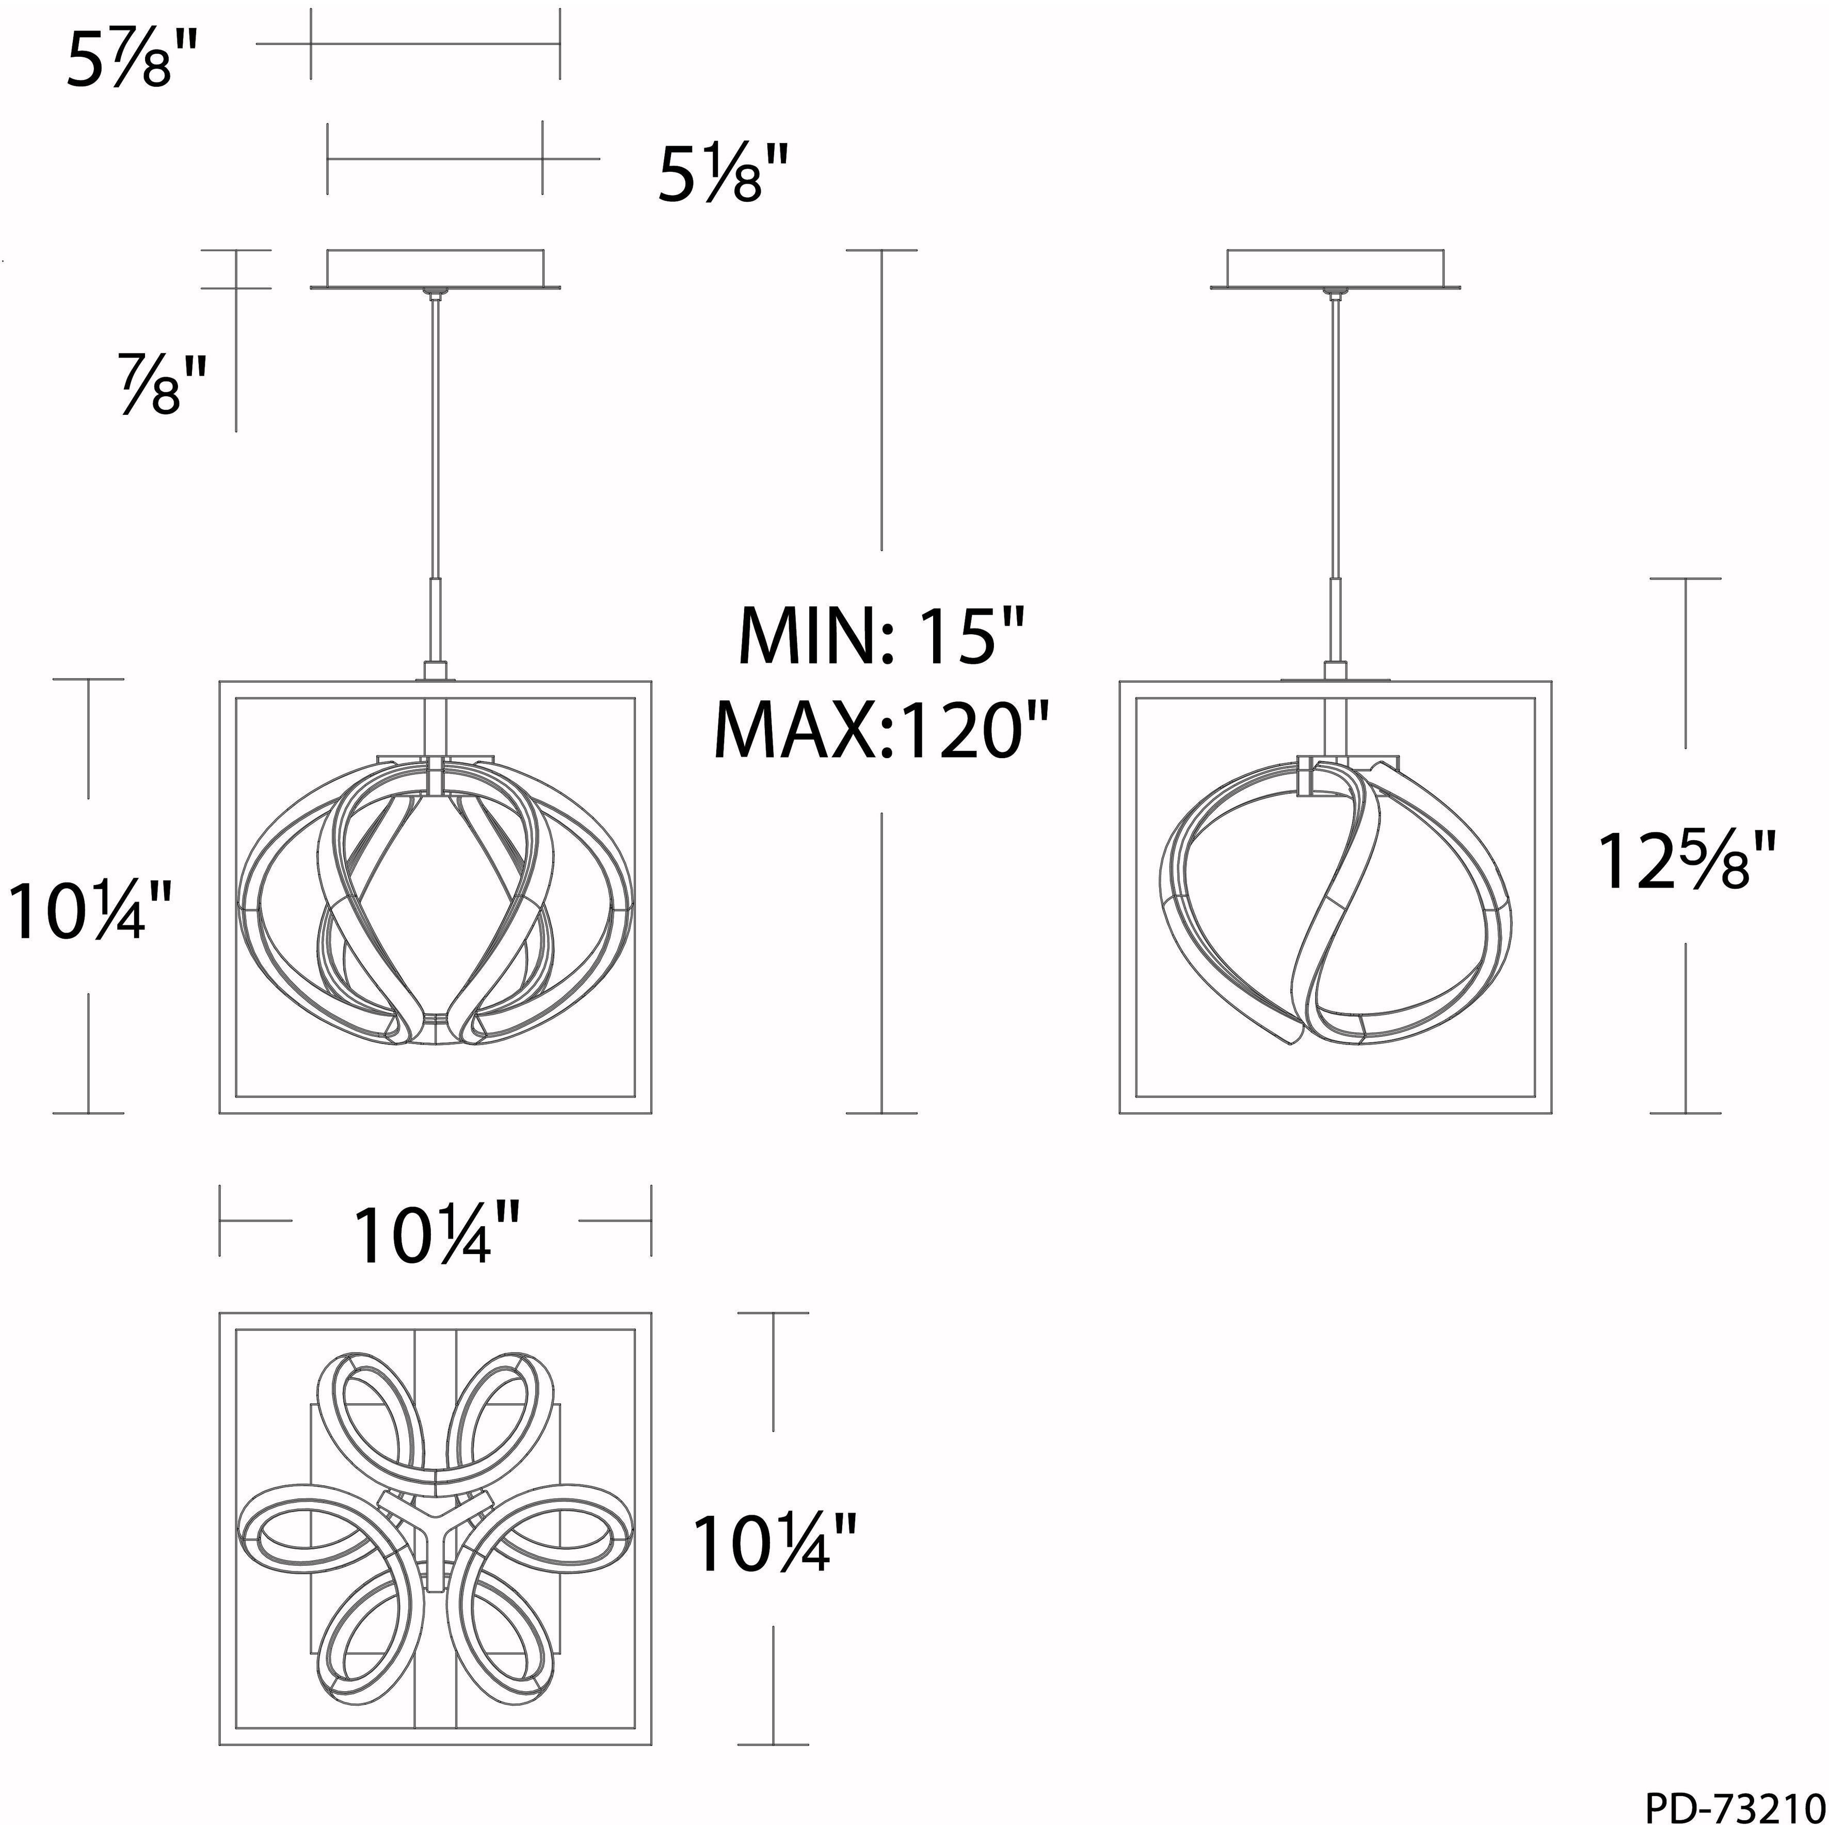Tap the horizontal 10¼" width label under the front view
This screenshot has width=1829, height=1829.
tap(437, 1233)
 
